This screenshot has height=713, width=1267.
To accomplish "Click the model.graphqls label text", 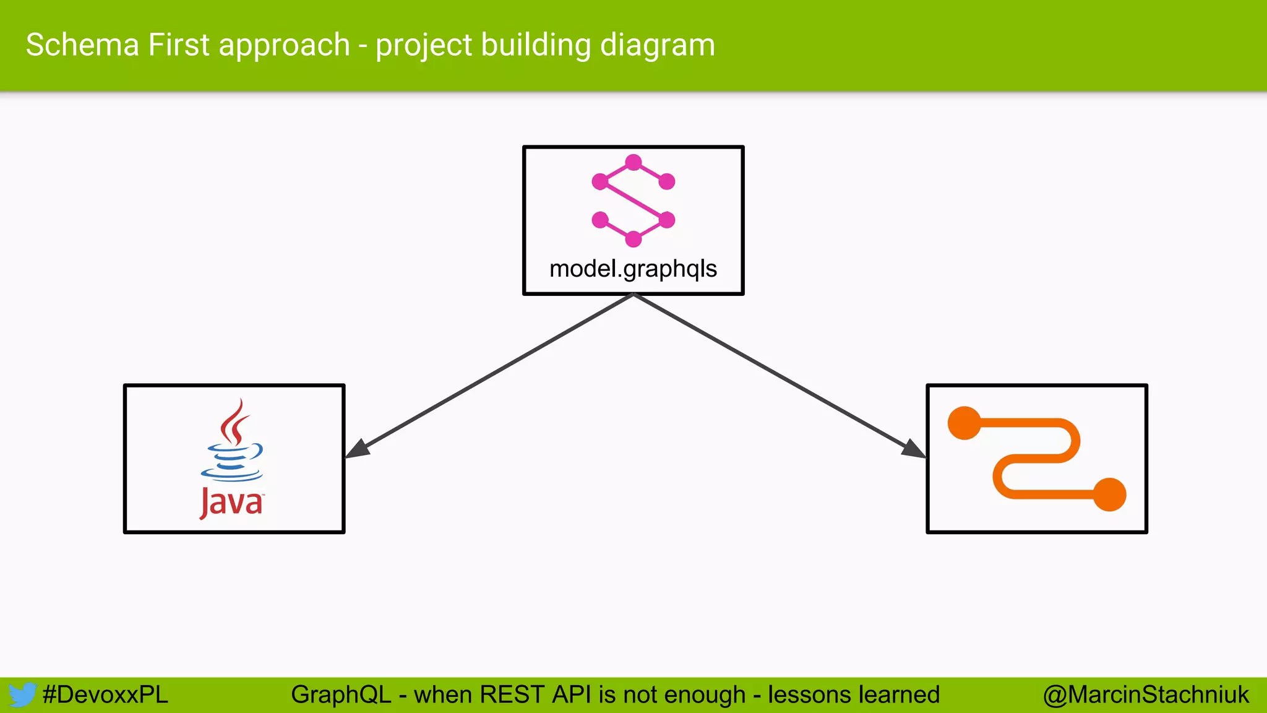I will (x=633, y=269).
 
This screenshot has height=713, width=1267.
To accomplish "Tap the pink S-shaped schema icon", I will (x=633, y=201).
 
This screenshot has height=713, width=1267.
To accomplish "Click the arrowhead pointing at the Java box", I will (x=357, y=449).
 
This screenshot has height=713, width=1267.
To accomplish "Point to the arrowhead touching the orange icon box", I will (x=913, y=449).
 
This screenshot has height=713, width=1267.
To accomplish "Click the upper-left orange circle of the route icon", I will (x=964, y=423).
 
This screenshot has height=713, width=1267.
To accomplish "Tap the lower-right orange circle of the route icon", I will (x=1109, y=495).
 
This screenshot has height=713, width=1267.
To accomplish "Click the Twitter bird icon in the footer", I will (x=22, y=695).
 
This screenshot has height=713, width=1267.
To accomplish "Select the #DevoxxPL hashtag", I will (x=105, y=695).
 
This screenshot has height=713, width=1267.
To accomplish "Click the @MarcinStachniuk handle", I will (x=1146, y=695).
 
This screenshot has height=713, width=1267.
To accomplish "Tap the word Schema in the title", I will (x=82, y=45).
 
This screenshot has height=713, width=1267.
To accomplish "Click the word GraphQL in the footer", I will (x=341, y=695).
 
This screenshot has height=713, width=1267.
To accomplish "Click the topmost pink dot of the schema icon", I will (x=633, y=163).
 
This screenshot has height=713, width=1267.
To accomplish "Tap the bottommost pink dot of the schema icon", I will (x=633, y=239).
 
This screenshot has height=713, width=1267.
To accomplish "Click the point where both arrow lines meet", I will (x=633, y=295).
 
